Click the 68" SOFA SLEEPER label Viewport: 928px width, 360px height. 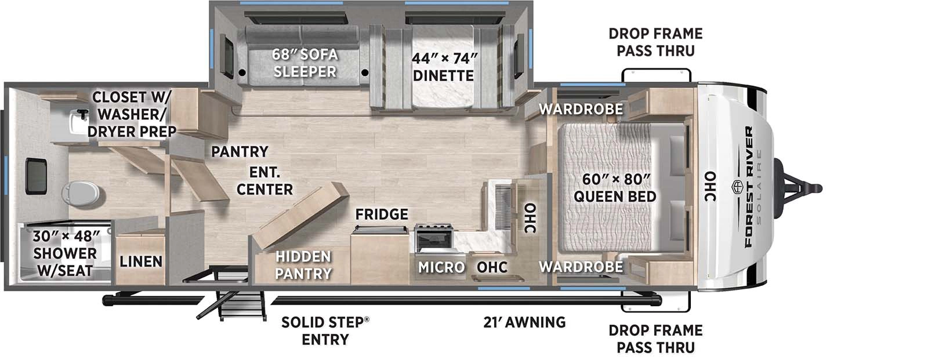[305, 63]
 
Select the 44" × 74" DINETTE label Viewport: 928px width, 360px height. [444, 67]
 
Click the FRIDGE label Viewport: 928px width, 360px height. [382, 214]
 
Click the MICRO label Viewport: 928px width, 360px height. [441, 267]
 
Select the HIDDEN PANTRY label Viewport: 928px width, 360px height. [303, 265]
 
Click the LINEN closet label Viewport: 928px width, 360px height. [141, 261]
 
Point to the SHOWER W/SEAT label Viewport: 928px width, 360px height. [65, 253]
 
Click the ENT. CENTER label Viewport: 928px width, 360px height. [264, 181]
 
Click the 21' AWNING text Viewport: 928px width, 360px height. [524, 322]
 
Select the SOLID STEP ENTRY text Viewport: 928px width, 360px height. [325, 330]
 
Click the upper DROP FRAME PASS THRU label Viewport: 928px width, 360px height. [655, 42]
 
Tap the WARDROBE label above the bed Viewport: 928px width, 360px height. [581, 109]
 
